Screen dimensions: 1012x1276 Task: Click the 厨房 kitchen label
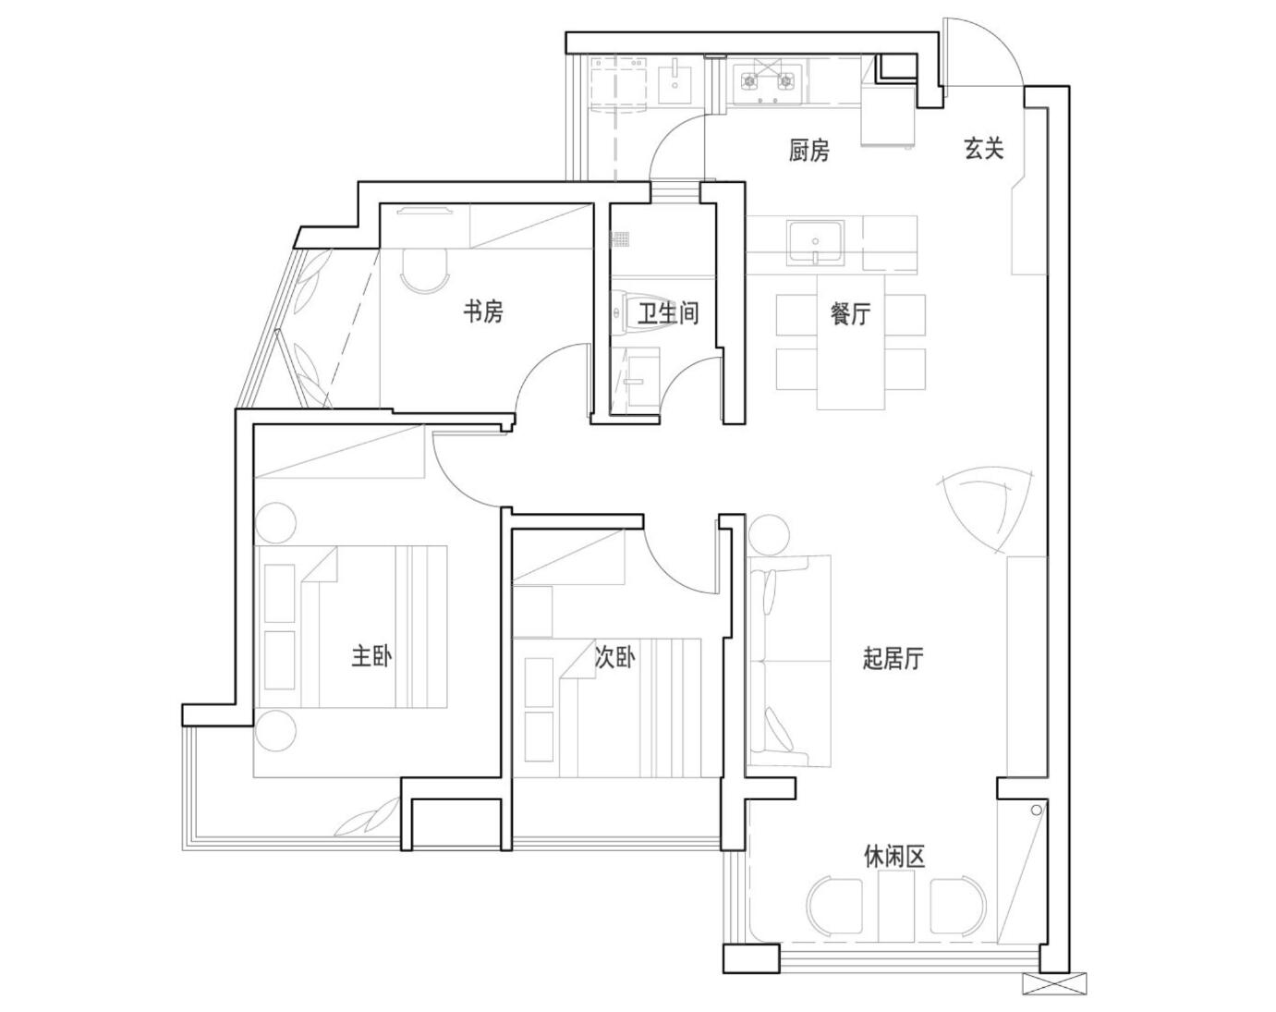tap(808, 151)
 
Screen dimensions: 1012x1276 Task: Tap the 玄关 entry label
tap(983, 149)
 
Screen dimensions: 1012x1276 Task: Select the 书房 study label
tap(483, 311)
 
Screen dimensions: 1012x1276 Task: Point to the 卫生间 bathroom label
tap(668, 312)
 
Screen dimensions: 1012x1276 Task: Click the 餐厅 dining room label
tap(850, 314)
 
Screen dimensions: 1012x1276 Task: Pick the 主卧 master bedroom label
tap(371, 656)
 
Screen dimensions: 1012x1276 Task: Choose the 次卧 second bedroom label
tap(614, 657)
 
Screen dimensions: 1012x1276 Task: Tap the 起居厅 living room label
tap(893, 658)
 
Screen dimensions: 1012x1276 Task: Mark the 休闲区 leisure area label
tap(894, 857)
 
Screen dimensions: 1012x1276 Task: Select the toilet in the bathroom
tap(622, 311)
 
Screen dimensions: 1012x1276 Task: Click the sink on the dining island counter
tap(815, 241)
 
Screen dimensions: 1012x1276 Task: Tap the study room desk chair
tap(424, 272)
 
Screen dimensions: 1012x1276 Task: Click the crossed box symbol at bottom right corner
tap(1055, 983)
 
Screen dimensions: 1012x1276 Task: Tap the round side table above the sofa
tap(769, 535)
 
